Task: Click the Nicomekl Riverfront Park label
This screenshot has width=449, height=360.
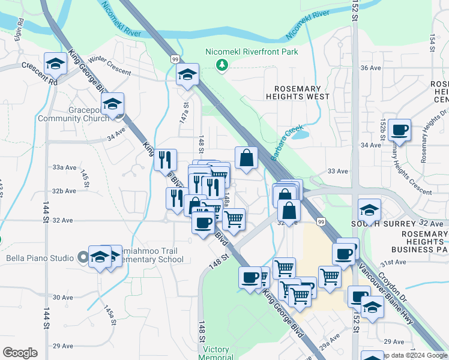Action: [252, 52]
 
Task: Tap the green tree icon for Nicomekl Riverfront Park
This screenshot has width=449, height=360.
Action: [222, 64]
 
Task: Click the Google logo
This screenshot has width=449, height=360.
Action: [20, 352]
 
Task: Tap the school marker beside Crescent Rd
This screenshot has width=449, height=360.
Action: [55, 63]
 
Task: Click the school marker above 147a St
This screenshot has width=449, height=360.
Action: [187, 75]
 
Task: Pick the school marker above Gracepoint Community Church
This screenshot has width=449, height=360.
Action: [112, 104]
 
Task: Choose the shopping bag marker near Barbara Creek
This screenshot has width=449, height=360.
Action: [246, 158]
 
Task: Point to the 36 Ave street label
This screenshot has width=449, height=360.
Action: [370, 68]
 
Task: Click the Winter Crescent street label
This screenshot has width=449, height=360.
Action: [109, 65]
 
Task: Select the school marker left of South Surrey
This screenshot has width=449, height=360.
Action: [369, 210]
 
